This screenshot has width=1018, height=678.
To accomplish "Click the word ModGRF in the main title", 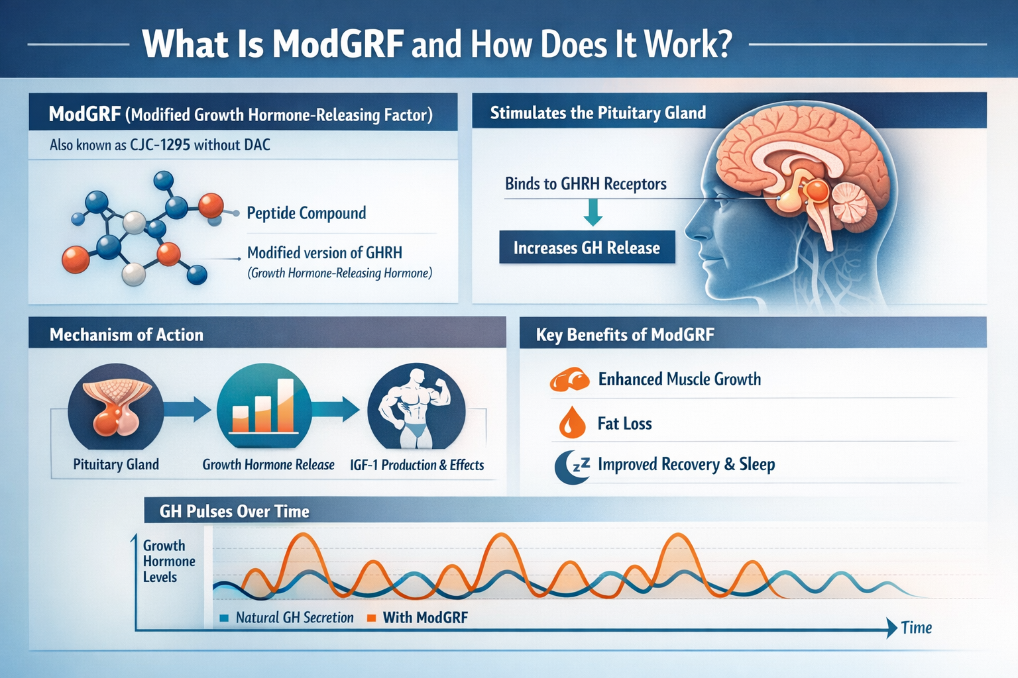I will point(338,44).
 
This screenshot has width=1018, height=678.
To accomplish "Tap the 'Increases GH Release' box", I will point(587,248).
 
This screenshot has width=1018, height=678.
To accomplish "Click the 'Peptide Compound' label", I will point(306,213).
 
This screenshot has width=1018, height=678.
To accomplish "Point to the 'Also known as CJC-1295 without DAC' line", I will point(160,145).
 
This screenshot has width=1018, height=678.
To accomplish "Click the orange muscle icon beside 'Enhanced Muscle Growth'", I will point(569,380).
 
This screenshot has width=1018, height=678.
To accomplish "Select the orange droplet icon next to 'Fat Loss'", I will point(572,422).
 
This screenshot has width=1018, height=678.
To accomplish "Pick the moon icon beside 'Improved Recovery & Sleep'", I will point(571,466).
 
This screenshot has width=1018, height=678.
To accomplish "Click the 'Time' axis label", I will point(917,628).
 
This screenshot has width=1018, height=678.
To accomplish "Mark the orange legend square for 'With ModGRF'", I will point(371,618).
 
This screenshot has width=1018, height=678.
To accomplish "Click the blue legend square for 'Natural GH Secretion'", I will point(224,618).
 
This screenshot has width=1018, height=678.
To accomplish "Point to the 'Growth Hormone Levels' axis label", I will point(168,561).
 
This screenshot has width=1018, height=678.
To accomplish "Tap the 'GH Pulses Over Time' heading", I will point(235,511).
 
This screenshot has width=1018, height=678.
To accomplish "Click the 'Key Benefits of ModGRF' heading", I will point(625,335).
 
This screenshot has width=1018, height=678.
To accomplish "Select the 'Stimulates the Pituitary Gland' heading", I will point(598,113).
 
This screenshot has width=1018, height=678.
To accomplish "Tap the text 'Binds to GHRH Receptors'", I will point(586,184).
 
